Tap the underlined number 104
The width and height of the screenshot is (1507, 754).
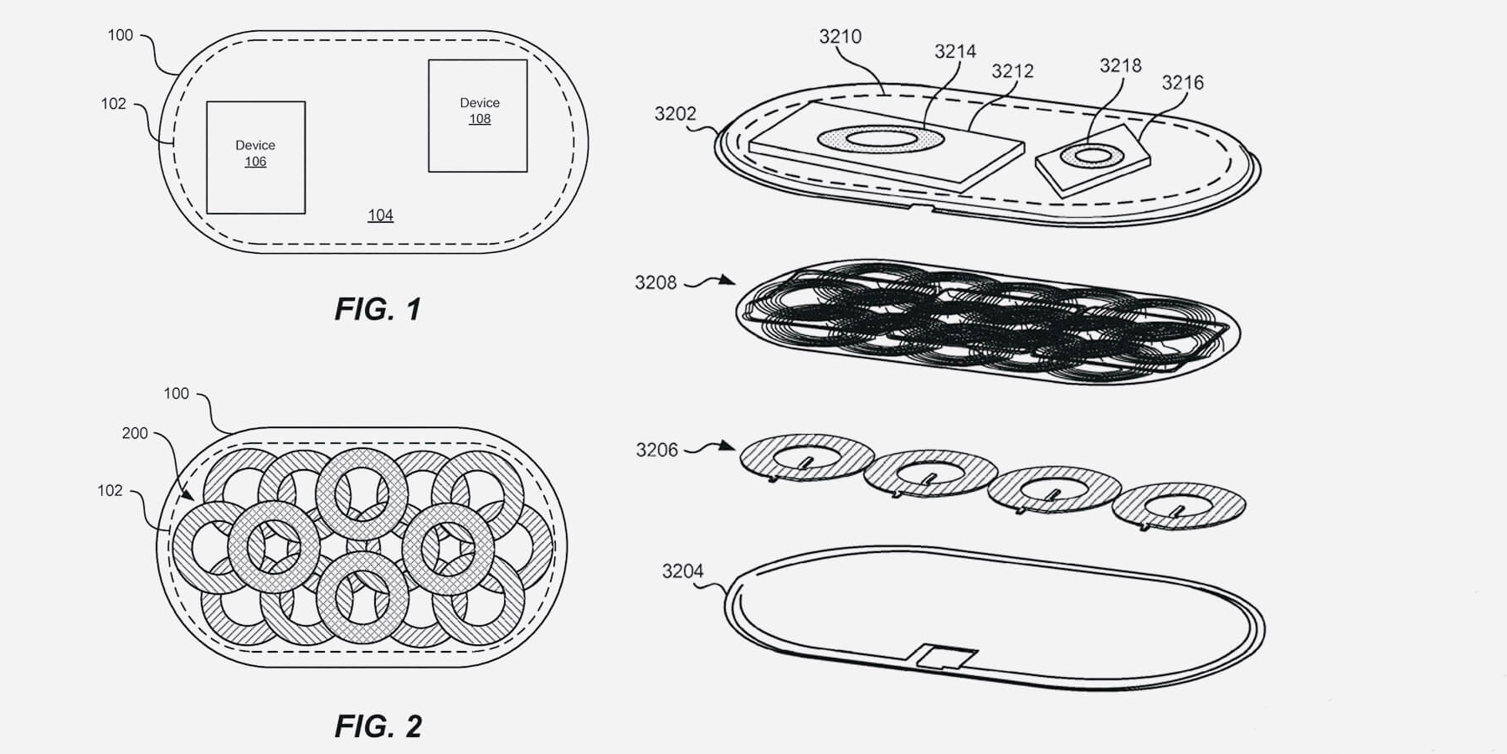[x=380, y=215]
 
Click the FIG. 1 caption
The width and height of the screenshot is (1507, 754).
[x=378, y=309]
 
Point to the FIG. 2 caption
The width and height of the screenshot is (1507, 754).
[x=378, y=726]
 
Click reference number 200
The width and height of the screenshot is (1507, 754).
[x=135, y=433]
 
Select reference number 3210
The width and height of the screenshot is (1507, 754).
[x=840, y=36]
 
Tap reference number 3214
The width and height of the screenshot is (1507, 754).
[x=955, y=51]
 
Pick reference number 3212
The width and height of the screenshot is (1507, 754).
[x=1012, y=71]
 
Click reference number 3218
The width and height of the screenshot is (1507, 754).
[x=1120, y=65]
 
